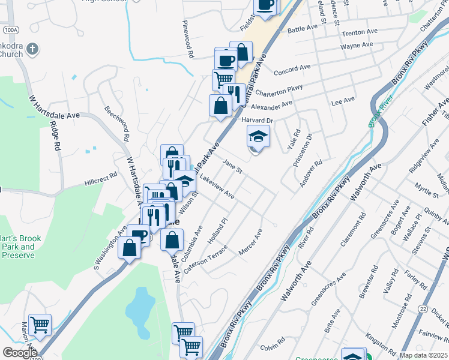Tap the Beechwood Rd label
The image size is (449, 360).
click(x=118, y=123)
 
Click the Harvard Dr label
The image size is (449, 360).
click(x=258, y=121)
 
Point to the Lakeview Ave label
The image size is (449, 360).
click(x=217, y=187)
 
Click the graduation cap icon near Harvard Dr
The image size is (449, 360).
click(x=258, y=137)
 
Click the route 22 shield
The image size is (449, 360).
click(x=424, y=308)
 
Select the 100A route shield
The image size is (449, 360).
click(x=10, y=29)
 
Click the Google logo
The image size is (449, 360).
click(x=20, y=352)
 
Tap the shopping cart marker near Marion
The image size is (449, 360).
click(x=40, y=325)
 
